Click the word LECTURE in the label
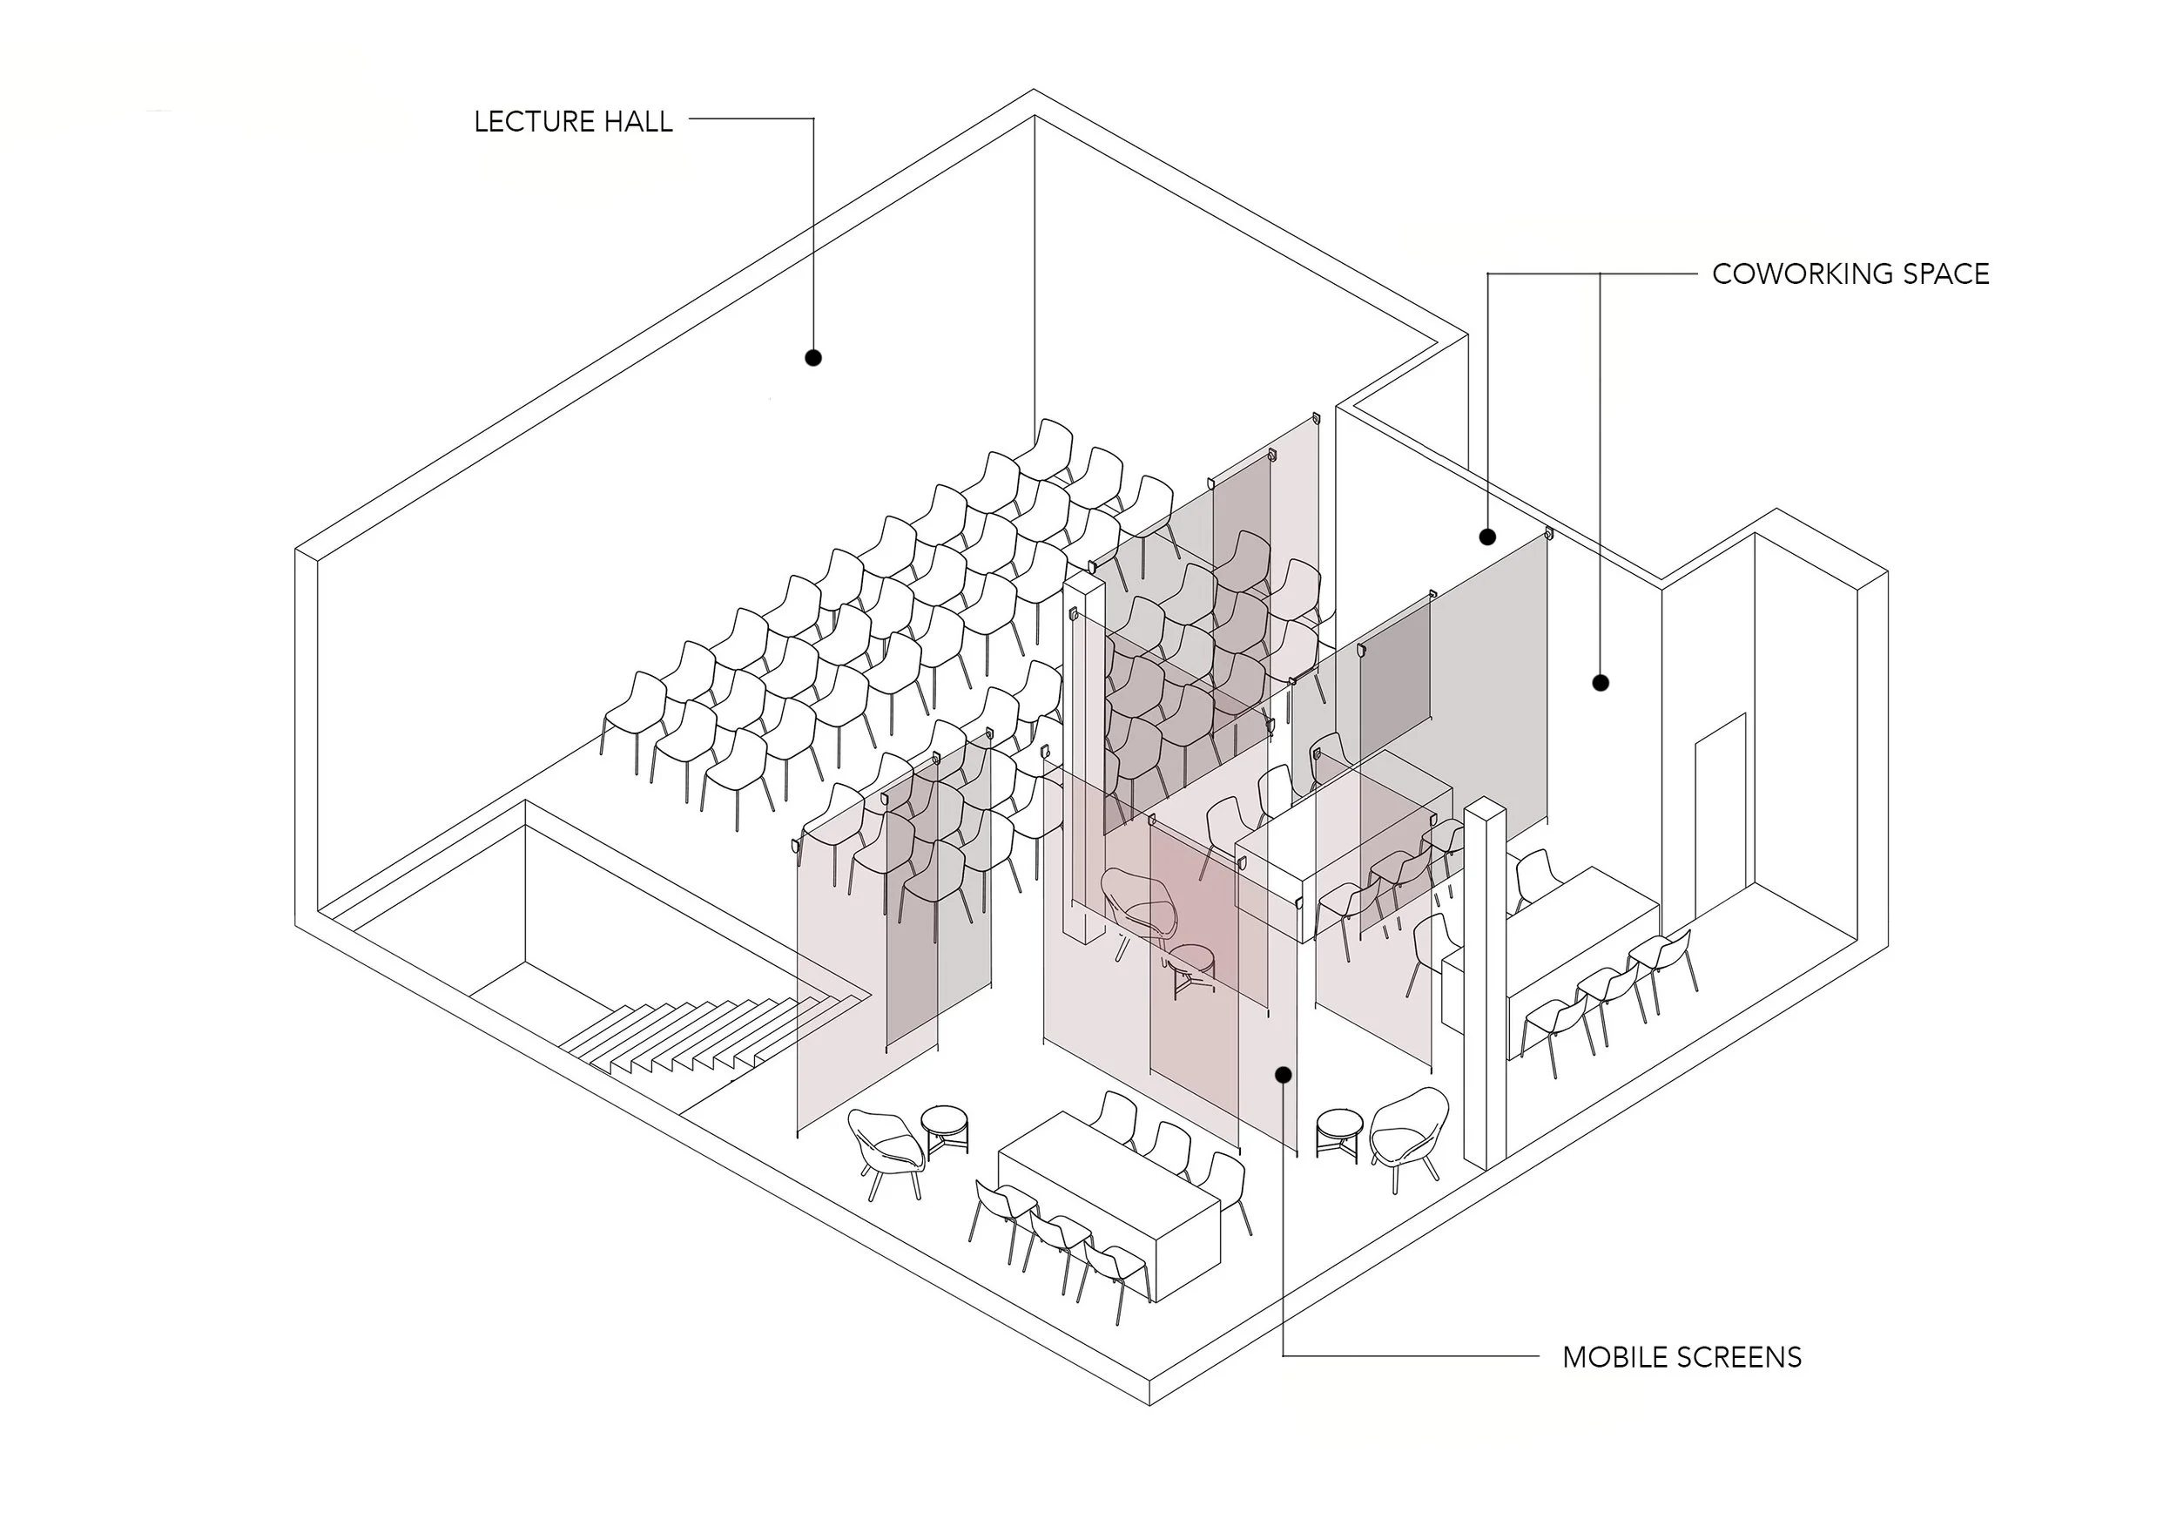[536, 121]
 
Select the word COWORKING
[1790, 274]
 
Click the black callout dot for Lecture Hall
[812, 357]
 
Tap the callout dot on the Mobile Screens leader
[1283, 1074]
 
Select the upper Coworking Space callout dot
[1487, 537]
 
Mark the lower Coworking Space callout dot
[1601, 683]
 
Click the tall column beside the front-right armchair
[1485, 986]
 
